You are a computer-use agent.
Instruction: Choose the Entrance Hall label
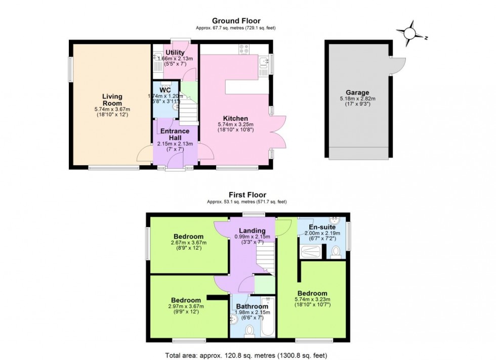tap(175, 134)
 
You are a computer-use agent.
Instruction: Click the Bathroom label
tap(253, 306)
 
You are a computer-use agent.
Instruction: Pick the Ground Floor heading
tap(236, 21)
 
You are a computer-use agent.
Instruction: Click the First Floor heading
tap(247, 195)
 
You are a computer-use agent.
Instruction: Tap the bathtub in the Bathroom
tap(268, 319)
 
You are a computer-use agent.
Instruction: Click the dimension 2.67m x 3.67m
tap(188, 243)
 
